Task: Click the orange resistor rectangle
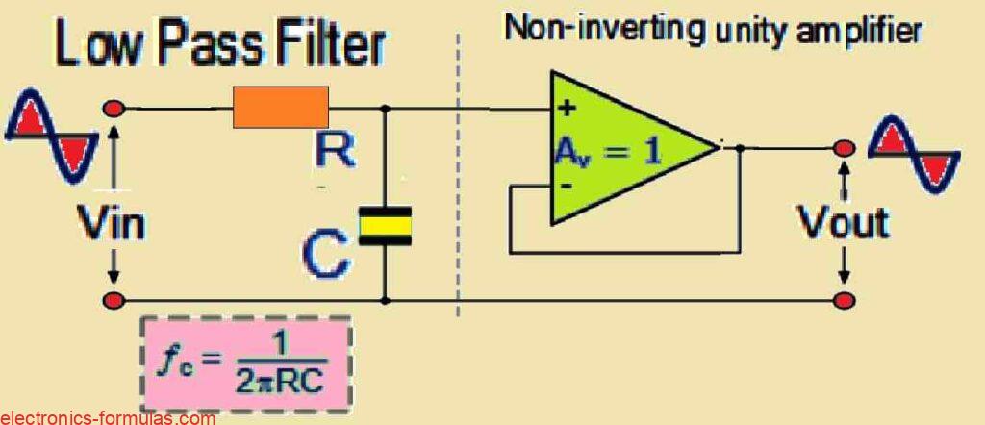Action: [281, 108]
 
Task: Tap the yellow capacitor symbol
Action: [385, 226]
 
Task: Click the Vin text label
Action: [111, 223]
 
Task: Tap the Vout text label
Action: [843, 222]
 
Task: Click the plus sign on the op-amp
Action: [568, 109]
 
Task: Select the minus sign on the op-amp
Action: [566, 186]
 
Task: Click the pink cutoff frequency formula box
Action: [246, 363]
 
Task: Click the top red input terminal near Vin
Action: [114, 110]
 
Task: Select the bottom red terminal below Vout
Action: [845, 300]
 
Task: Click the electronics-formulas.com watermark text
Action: [108, 417]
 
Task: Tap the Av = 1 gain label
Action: [608, 152]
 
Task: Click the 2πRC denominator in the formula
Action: [282, 383]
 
